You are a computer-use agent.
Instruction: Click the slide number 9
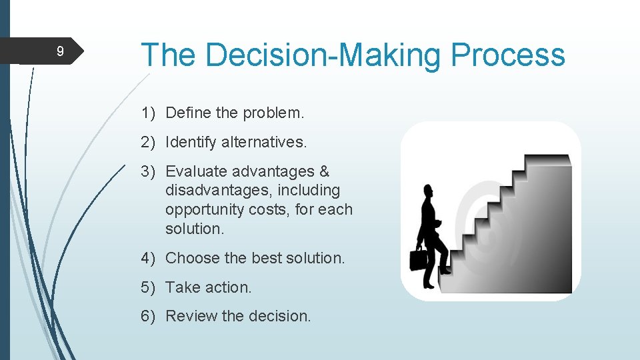point(60,51)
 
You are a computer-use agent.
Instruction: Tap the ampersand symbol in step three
point(324,171)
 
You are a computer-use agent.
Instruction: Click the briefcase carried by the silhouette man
point(418,259)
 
